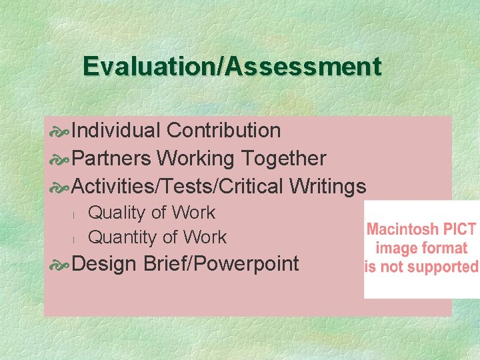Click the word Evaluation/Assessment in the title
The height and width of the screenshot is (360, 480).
(232, 67)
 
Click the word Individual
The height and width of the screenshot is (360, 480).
(116, 130)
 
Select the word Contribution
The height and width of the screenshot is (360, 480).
(224, 130)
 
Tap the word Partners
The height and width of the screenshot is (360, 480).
(113, 159)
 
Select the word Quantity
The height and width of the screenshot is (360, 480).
(121, 237)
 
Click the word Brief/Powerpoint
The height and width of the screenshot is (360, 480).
(221, 264)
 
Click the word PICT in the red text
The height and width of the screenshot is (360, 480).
(458, 231)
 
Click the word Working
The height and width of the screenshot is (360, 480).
(198, 159)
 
